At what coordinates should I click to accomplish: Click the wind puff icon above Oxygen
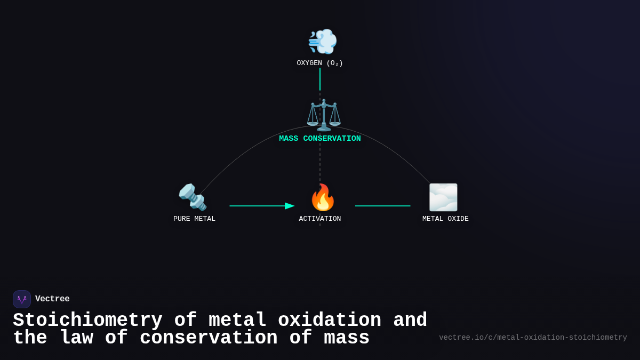tap(322, 41)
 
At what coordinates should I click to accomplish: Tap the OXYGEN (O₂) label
tap(319, 63)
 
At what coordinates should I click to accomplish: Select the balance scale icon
tap(323, 115)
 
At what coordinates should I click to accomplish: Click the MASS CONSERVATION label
tap(319, 139)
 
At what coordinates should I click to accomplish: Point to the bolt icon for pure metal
tap(193, 197)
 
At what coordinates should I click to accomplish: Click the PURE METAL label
tap(194, 219)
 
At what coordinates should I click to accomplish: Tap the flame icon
tap(323, 198)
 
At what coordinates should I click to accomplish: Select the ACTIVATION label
tap(319, 219)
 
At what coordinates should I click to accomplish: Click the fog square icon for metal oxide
tap(443, 197)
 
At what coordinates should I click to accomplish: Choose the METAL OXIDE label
tap(445, 219)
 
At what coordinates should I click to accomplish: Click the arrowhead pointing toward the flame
tap(290, 206)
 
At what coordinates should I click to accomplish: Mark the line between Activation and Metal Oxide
tap(382, 206)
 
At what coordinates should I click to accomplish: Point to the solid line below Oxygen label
tap(320, 79)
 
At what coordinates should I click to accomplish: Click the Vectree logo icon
tap(22, 299)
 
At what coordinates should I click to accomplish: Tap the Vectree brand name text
tap(52, 299)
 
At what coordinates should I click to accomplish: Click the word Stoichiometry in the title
tap(87, 321)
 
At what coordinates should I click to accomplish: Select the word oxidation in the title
tap(329, 321)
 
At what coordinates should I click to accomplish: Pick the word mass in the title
tap(346, 338)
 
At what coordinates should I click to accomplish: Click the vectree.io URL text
tap(533, 338)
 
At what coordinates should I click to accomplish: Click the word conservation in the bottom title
tap(209, 338)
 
